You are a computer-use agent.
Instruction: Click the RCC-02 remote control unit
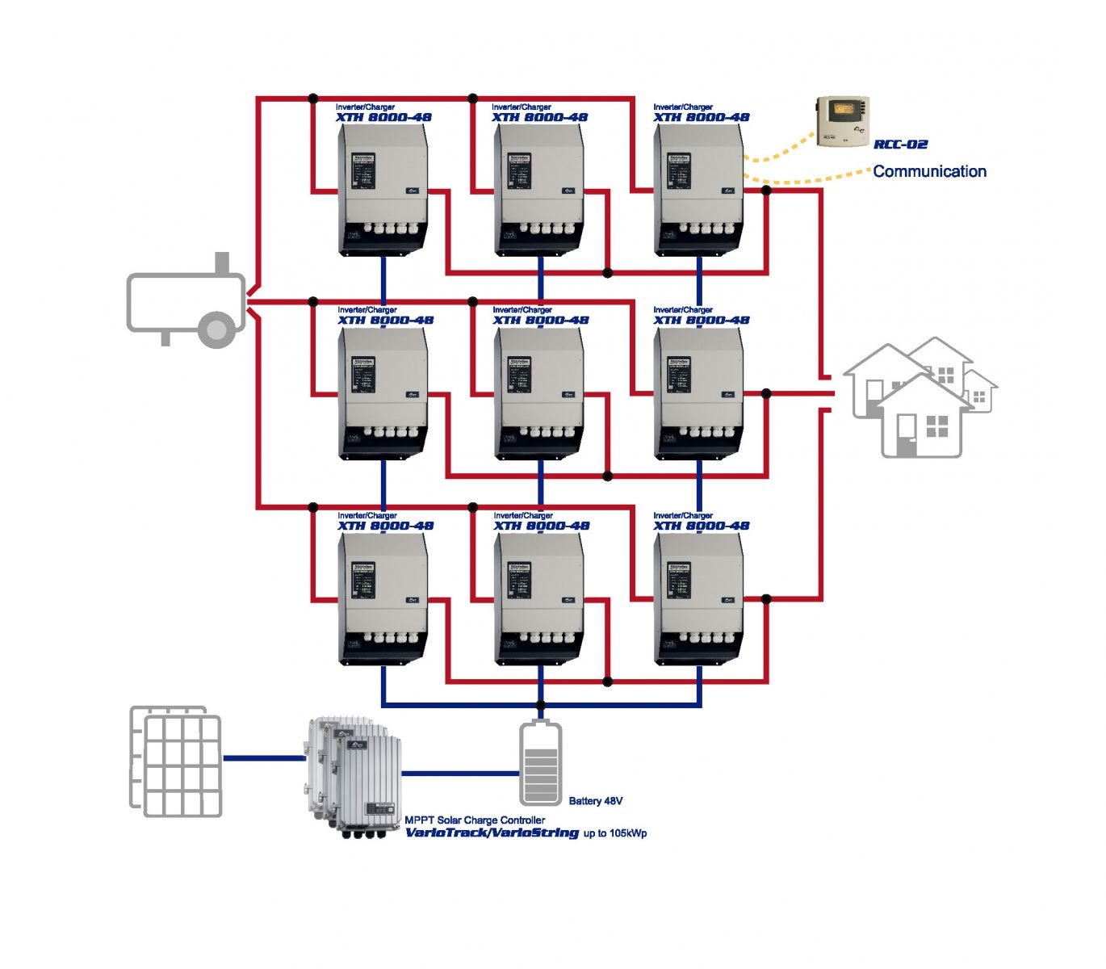click(843, 121)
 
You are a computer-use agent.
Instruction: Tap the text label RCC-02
click(900, 145)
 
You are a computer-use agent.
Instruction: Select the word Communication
click(929, 171)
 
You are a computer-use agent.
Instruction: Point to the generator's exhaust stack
click(221, 263)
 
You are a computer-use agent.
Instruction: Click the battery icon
click(540, 763)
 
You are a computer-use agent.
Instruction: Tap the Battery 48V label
click(595, 801)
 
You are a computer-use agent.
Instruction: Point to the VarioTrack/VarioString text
click(492, 833)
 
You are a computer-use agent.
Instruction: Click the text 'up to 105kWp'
click(615, 833)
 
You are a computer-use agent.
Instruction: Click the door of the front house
click(907, 434)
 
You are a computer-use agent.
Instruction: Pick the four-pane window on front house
click(937, 426)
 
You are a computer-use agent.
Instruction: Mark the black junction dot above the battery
click(540, 705)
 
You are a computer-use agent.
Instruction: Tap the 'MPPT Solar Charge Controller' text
click(475, 820)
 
